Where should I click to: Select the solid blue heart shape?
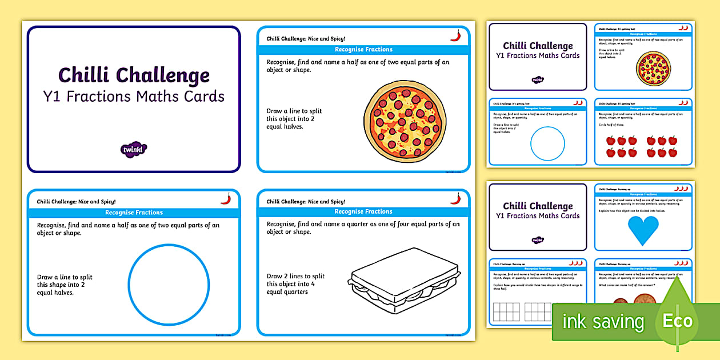(x=643, y=230)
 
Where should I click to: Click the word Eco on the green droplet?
(x=678, y=321)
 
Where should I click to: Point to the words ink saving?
(x=603, y=322)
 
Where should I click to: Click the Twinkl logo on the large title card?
(x=134, y=150)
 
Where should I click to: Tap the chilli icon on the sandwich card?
(x=455, y=198)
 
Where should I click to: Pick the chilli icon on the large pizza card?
(x=455, y=35)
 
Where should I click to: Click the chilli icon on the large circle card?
(x=226, y=199)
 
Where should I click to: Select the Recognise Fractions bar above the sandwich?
(x=363, y=211)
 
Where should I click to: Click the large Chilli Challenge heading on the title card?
(x=134, y=75)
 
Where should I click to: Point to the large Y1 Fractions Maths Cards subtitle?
(x=134, y=97)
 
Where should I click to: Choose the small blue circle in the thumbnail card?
(x=547, y=143)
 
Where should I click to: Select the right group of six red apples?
(x=662, y=146)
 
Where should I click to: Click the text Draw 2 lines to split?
(x=295, y=276)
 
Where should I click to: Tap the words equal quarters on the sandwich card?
(x=287, y=292)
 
